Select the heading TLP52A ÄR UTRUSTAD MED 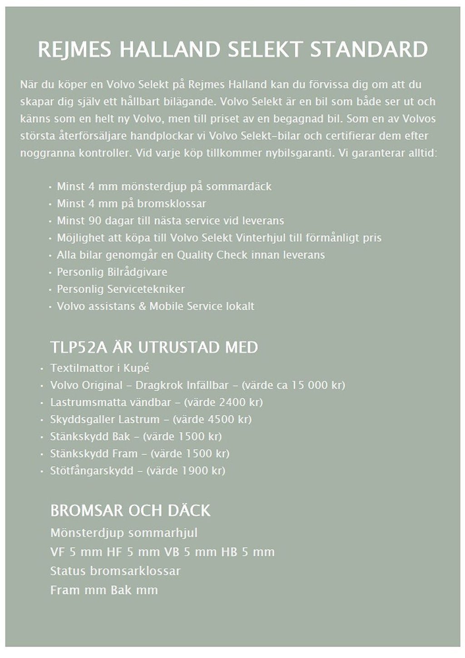point(154,348)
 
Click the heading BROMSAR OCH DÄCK point(130,511)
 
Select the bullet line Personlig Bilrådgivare point(112,272)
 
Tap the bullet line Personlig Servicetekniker point(121,289)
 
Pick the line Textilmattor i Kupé point(100,368)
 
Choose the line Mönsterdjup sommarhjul point(124,533)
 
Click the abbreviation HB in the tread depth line point(229,552)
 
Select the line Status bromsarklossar point(115,571)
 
